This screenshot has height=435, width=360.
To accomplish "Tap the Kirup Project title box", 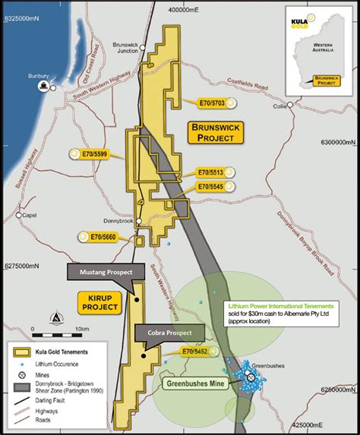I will (x=99, y=301).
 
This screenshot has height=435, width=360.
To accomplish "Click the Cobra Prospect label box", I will (x=169, y=331).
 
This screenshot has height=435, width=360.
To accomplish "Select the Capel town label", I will (x=30, y=215).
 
